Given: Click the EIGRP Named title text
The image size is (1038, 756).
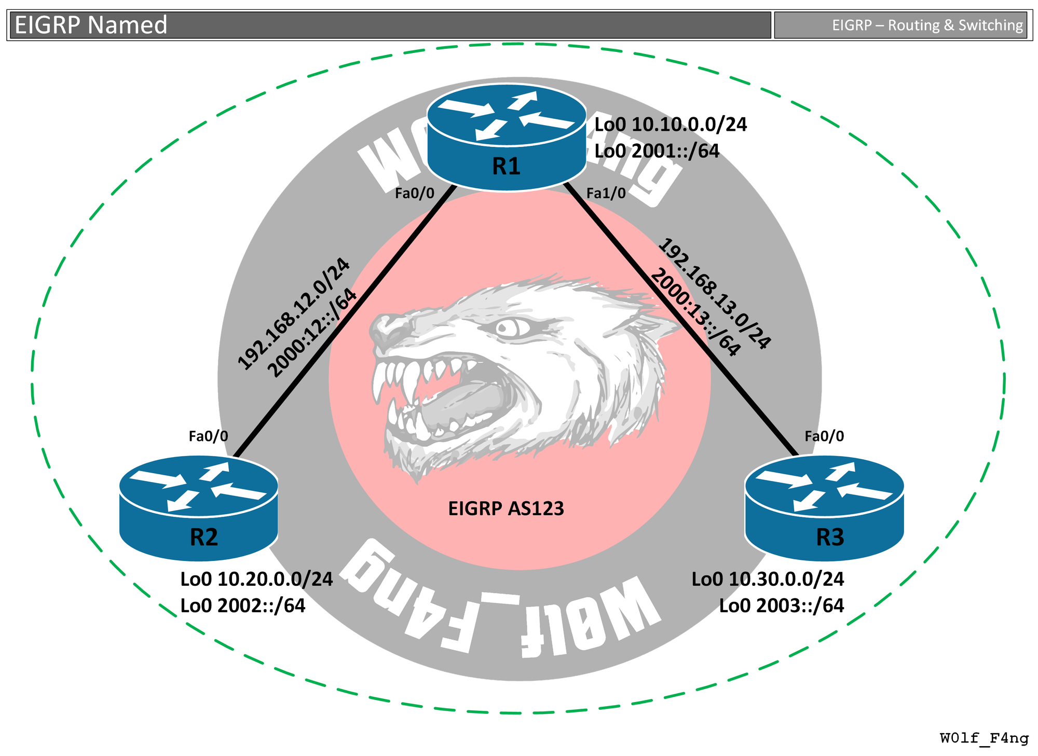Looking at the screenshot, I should click(91, 25).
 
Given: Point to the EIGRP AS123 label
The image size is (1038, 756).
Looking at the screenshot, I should click(506, 508).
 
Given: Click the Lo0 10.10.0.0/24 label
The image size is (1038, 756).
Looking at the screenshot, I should click(670, 125).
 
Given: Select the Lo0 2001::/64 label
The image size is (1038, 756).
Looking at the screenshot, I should click(657, 150).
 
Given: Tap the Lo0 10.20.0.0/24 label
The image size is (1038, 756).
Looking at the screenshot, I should click(256, 579).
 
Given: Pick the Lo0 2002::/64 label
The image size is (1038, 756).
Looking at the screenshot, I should click(242, 606).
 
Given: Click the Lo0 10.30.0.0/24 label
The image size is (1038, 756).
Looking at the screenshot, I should click(768, 579).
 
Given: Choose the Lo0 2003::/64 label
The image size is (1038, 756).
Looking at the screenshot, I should click(781, 606).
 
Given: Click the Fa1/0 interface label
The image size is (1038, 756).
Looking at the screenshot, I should click(606, 194).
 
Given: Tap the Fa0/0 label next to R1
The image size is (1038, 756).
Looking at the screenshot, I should click(414, 194).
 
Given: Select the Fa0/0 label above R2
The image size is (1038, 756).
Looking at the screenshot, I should click(208, 436).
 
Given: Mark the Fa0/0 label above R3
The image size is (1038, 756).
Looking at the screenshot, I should click(824, 436).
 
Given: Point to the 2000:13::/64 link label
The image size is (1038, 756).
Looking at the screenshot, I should click(694, 312).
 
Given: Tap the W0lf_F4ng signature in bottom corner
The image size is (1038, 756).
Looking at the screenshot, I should click(984, 738).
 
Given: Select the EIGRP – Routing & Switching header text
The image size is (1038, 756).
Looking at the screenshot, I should click(927, 25).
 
